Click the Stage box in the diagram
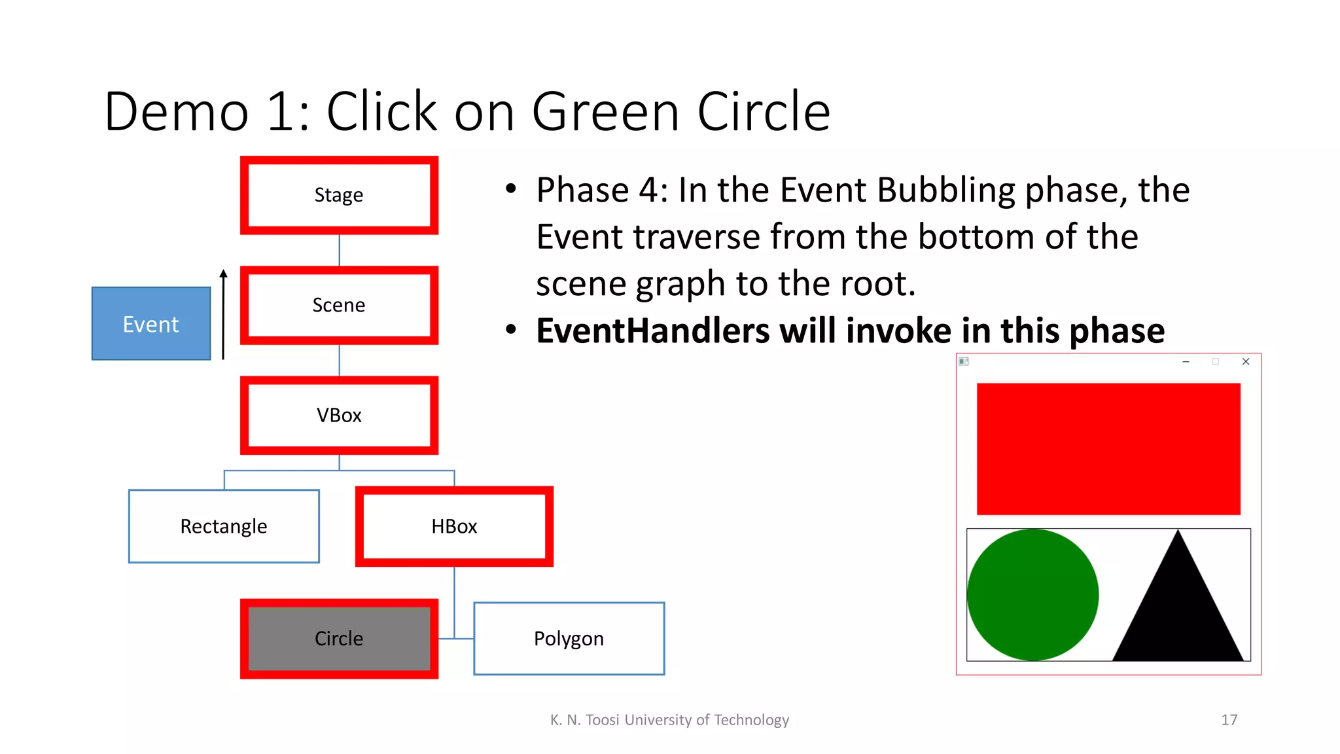[339, 195]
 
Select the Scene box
[339, 305]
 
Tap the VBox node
[339, 415]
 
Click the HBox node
[454, 526]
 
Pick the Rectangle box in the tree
[224, 526]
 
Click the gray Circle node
[339, 638]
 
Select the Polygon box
[569, 638]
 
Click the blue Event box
[151, 323]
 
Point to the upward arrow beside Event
[223, 314]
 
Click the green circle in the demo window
[1032, 594]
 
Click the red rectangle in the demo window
[1108, 449]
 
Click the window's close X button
[1246, 361]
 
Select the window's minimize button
[1186, 361]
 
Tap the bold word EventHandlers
[652, 331]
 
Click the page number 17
[1229, 720]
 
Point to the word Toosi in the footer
[602, 720]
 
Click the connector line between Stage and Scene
[339, 250]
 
